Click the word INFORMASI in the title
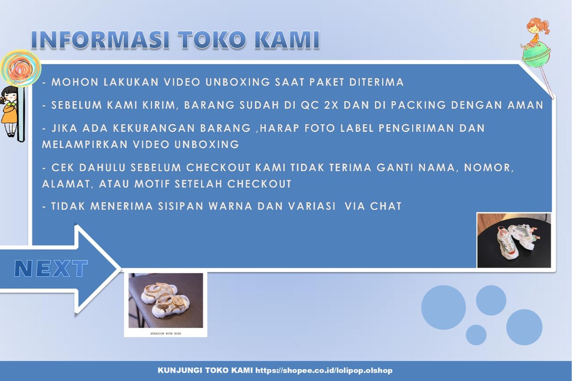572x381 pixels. (x=100, y=41)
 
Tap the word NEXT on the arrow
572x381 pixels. (x=51, y=269)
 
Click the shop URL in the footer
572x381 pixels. (x=324, y=370)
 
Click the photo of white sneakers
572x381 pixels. (x=514, y=240)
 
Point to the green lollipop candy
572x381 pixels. (x=536, y=56)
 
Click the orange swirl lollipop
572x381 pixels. (x=21, y=68)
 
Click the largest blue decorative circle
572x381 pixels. (x=443, y=307)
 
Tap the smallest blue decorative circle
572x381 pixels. (x=476, y=335)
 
